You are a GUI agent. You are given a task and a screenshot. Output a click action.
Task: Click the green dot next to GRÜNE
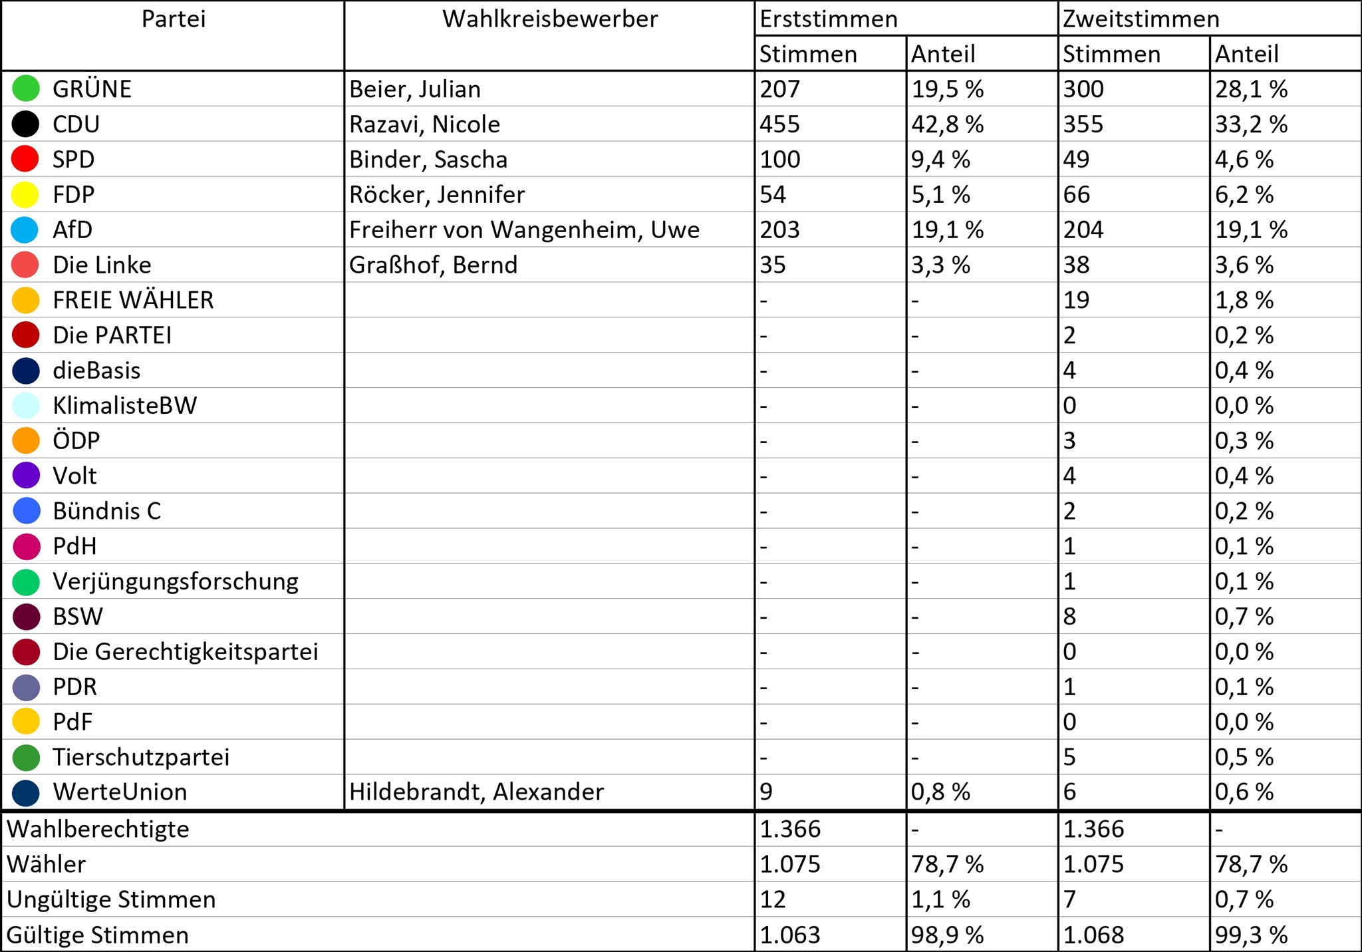26,89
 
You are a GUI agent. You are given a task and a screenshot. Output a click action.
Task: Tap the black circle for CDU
26,124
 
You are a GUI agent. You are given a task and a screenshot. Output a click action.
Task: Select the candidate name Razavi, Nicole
424,124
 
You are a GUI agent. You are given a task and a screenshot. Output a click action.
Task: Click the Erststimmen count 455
779,124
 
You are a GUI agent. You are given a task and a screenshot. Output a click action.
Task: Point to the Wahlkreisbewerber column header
550,19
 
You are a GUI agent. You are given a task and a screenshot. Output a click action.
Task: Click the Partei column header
174,19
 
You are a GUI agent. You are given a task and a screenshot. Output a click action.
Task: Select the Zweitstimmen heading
1141,19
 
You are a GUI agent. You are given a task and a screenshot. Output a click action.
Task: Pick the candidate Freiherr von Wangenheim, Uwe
524,230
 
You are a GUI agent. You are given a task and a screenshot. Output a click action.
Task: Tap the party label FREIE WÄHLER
133,300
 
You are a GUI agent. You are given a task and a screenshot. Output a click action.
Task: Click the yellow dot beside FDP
26,195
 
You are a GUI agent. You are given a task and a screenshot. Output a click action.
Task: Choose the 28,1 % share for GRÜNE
1251,89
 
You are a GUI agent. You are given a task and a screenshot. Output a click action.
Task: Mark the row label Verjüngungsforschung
176,581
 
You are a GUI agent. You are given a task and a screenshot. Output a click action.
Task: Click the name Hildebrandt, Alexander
476,792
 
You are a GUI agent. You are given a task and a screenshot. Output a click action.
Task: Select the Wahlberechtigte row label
98,830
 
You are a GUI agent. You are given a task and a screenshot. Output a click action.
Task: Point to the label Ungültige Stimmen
111,899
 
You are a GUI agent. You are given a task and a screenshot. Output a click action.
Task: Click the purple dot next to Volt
26,476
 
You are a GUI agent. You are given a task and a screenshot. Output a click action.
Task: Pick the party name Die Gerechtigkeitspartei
186,652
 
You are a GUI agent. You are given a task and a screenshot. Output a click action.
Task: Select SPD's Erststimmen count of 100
779,160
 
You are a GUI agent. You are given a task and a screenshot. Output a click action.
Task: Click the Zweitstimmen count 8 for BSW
1069,617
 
